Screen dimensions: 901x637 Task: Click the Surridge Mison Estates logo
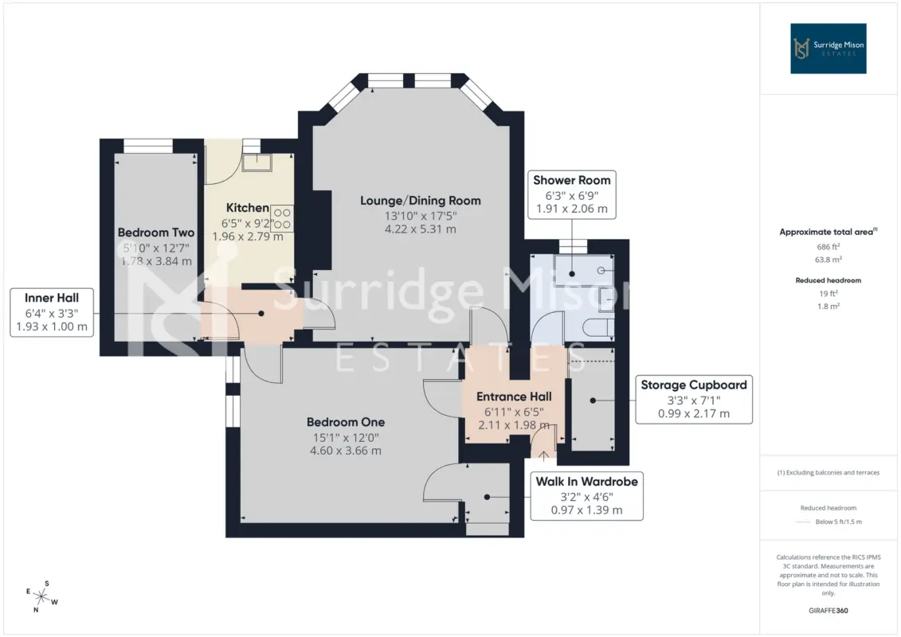pyautogui.click(x=828, y=49)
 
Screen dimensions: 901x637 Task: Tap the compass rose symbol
pyautogui.click(x=41, y=597)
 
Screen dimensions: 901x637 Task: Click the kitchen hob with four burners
pyautogui.click(x=281, y=218)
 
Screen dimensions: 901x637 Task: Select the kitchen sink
pyautogui.click(x=257, y=162)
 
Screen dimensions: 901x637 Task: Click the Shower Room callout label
pyautogui.click(x=572, y=195)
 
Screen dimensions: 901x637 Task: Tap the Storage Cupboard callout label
pyautogui.click(x=694, y=400)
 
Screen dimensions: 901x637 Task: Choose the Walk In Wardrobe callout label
pyautogui.click(x=586, y=496)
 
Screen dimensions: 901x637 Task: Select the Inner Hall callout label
pyautogui.click(x=52, y=312)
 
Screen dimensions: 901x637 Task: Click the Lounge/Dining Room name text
pyautogui.click(x=421, y=201)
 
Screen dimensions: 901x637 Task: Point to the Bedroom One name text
pyautogui.click(x=346, y=422)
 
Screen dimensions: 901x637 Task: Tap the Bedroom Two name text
pyautogui.click(x=155, y=233)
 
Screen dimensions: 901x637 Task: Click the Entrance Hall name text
pyautogui.click(x=514, y=397)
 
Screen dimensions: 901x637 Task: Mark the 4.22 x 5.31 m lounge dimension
pyautogui.click(x=421, y=229)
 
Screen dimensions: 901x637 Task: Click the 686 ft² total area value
pyautogui.click(x=828, y=246)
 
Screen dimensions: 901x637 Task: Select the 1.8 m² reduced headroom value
pyautogui.click(x=828, y=306)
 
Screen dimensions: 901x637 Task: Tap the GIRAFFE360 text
pyautogui.click(x=828, y=611)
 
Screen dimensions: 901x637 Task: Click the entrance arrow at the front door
pyautogui.click(x=543, y=456)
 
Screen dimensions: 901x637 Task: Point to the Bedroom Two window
pyautogui.click(x=148, y=146)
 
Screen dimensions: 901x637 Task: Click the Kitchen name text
pyautogui.click(x=247, y=208)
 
